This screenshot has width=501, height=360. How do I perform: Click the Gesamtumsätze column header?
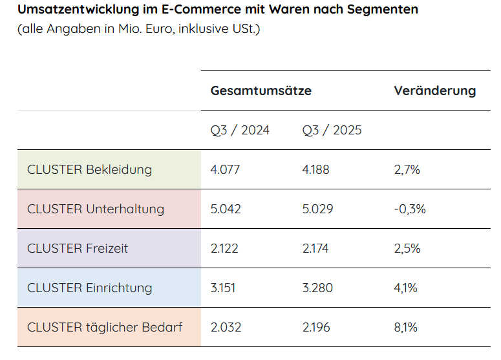pos(261,90)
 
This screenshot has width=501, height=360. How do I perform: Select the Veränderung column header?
pos(434,90)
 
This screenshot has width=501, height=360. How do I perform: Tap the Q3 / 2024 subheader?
pos(240,130)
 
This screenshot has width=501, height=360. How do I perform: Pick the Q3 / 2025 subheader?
pos(332,130)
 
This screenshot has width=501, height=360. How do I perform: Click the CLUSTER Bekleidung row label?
pos(89,169)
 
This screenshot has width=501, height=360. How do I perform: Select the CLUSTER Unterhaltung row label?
pos(96,209)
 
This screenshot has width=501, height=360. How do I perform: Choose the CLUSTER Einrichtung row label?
pos(90,288)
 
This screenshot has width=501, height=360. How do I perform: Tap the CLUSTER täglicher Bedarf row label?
pos(105,327)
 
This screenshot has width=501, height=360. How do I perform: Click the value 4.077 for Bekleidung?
pos(225,169)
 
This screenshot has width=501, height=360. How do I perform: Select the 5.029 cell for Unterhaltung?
pos(317,209)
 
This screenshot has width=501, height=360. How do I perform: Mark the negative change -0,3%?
pos(410,209)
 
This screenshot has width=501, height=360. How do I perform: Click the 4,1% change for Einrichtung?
pos(407,288)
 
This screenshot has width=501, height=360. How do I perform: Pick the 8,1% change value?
pos(407,327)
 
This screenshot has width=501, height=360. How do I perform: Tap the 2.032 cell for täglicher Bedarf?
pos(226,327)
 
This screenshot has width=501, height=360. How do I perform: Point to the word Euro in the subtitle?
pos(160,29)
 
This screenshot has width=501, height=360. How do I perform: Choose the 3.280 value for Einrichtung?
pos(317,288)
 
